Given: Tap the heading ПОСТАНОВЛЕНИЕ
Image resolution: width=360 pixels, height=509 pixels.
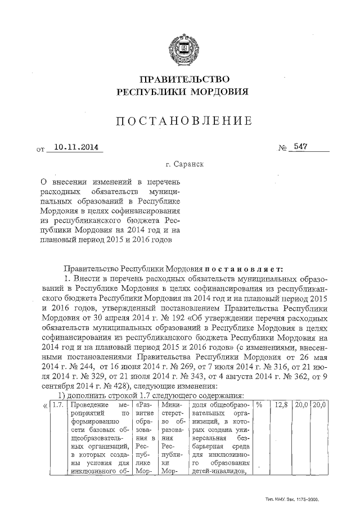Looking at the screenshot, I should [181, 121].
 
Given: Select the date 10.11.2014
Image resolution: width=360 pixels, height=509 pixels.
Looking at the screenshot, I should [72, 147].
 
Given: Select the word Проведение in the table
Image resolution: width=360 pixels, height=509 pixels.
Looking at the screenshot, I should [89, 404].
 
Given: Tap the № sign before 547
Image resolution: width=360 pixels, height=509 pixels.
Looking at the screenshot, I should [282, 148].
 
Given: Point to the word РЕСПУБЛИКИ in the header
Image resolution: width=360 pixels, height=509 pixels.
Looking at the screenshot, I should [147, 91].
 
